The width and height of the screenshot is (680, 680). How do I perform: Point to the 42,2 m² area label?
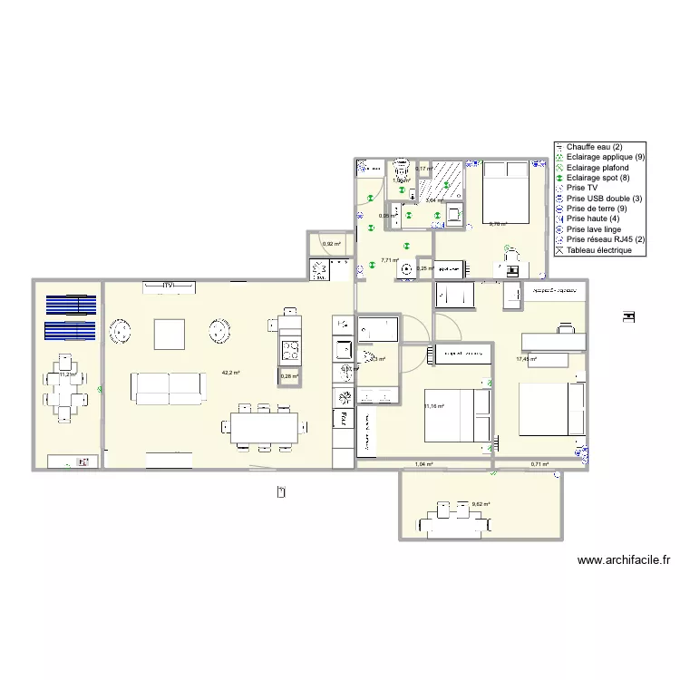pyautogui.click(x=231, y=373)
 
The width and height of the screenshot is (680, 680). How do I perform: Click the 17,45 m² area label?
pyautogui.click(x=526, y=359)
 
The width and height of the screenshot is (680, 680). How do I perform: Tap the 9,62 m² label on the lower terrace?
pyautogui.click(x=481, y=504)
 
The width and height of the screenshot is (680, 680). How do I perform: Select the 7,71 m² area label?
pyautogui.click(x=390, y=260)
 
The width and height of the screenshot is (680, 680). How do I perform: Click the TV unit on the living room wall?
pyautogui.click(x=168, y=287)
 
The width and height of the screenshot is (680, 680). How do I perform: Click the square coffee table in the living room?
pyautogui.click(x=170, y=334)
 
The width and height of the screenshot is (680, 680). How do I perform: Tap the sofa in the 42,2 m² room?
pyautogui.click(x=170, y=387)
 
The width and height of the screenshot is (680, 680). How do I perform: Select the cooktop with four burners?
pyautogui.click(x=289, y=348)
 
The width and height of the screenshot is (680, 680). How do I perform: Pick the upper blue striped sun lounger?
pyautogui.click(x=71, y=306)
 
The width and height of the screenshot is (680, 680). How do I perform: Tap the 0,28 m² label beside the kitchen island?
pyautogui.click(x=289, y=376)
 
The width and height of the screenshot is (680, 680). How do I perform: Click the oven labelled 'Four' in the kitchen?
pyautogui.click(x=344, y=417)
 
